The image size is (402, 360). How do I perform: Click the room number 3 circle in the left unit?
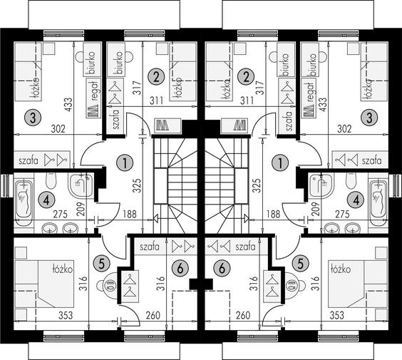(33, 118)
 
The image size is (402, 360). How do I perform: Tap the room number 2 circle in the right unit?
(246, 77)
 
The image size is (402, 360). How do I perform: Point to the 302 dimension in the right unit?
(344, 129)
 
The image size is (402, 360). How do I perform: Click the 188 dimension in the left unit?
(130, 214)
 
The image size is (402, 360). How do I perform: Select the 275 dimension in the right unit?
(342, 214)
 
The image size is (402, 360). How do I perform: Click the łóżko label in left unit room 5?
(62, 269)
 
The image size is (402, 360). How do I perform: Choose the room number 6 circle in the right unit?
(222, 269)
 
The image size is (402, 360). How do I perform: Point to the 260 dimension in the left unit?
(153, 315)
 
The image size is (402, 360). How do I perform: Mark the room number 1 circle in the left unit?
(125, 163)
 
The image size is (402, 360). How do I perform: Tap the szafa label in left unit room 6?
(150, 247)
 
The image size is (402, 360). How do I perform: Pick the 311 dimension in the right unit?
(247, 101)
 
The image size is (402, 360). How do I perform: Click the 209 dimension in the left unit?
(81, 210)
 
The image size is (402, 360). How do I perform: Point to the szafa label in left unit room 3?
(29, 161)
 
